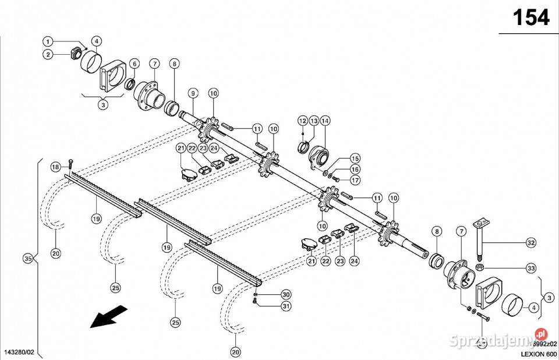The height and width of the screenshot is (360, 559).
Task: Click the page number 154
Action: pos(530,18)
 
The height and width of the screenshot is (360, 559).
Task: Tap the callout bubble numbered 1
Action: pos(48,41)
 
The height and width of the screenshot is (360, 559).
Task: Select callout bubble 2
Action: pos(48,54)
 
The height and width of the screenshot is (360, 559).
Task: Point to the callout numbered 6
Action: pos(135,63)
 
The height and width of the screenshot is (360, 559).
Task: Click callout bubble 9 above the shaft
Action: pos(193,93)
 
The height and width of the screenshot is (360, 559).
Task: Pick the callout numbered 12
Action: pos(302,121)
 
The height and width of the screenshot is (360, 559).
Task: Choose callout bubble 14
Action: pos(325,121)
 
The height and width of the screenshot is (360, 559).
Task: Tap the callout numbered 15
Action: pos(355,158)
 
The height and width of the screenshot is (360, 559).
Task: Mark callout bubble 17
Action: pos(355,180)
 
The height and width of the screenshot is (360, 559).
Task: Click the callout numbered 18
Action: pos(55,167)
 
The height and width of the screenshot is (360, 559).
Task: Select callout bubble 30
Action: pos(285,294)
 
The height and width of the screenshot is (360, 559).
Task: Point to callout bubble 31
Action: pos(285,306)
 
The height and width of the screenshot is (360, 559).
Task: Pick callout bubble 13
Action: pos(314,121)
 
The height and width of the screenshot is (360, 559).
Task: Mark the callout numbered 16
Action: pos(355,169)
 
